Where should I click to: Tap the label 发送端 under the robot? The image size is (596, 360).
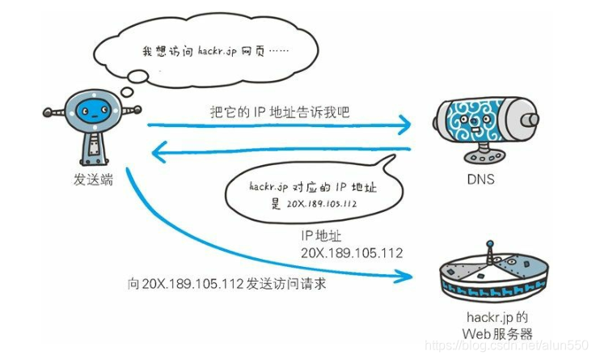pyautogui.click(x=92, y=180)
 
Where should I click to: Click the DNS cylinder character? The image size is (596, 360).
pyautogui.click(x=480, y=121)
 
